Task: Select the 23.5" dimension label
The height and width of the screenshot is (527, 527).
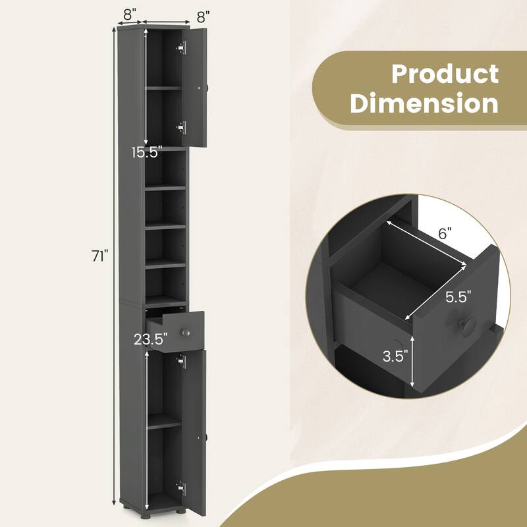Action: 151,341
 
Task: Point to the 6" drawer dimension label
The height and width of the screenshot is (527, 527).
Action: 445,233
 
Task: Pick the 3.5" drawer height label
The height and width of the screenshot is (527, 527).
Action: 395,356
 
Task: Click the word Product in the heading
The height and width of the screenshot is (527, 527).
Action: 445,74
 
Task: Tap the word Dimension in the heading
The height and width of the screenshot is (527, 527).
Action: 424,103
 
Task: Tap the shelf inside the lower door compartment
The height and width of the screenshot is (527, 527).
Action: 163,426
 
